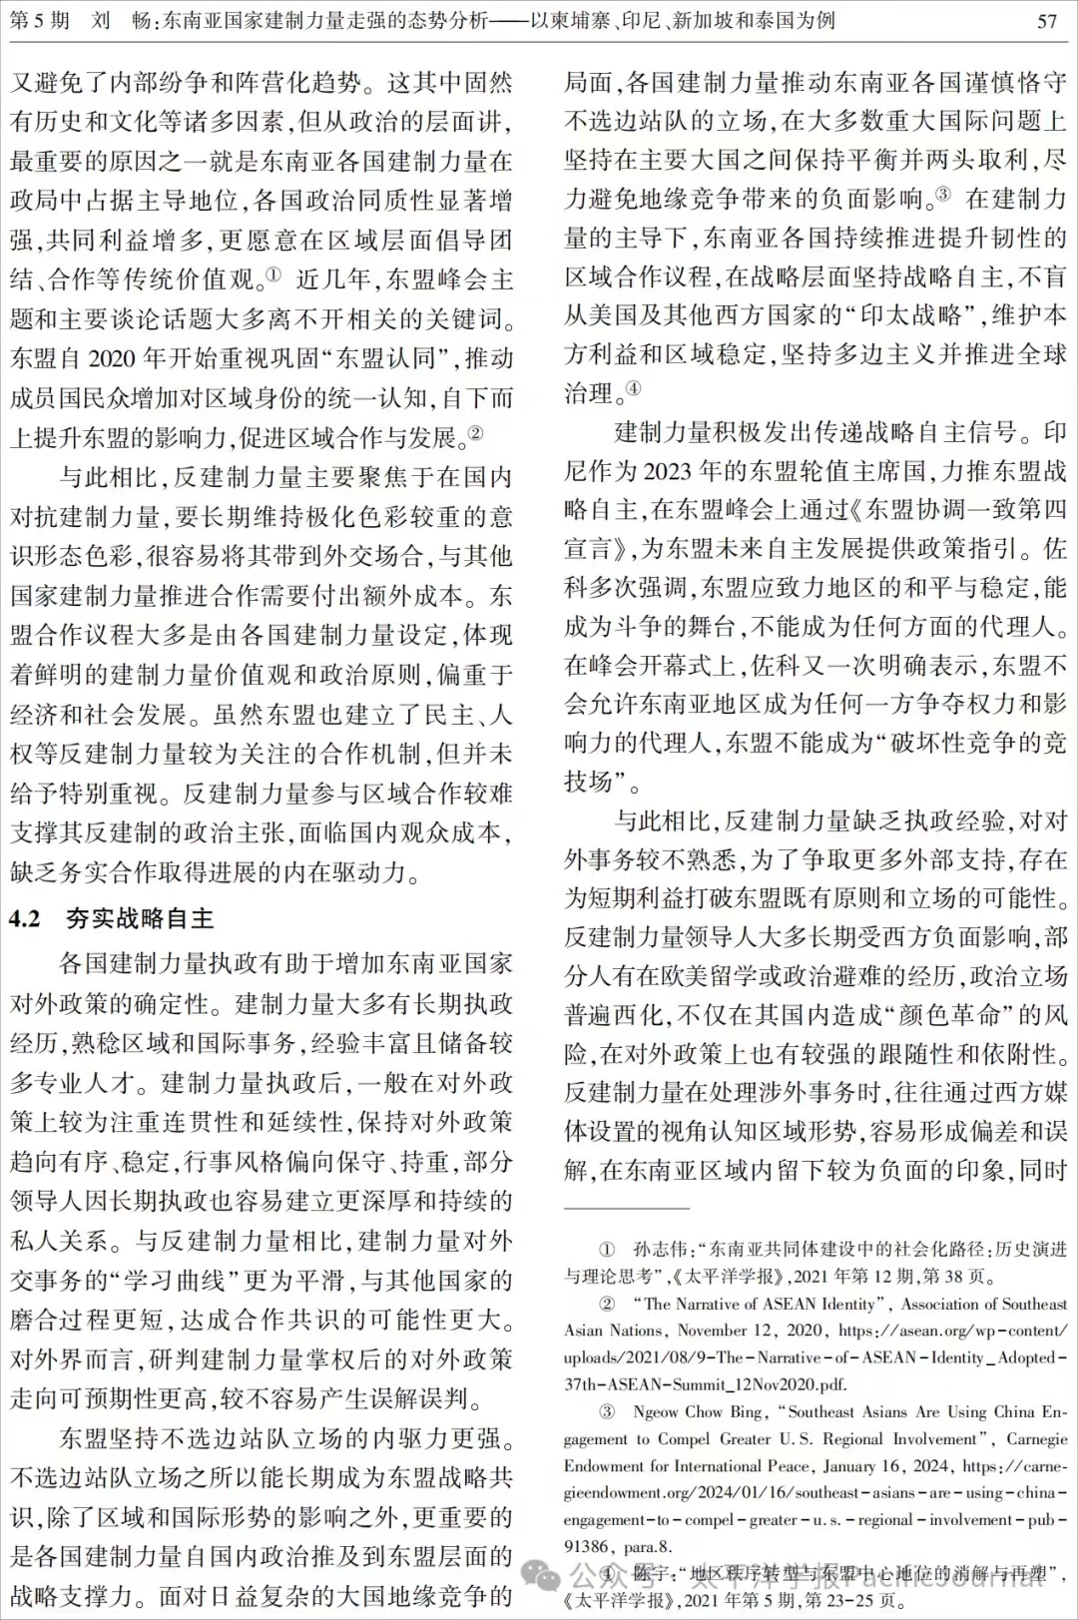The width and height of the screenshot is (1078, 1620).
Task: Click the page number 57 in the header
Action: [1047, 21]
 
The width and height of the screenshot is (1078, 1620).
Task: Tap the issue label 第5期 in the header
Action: [39, 20]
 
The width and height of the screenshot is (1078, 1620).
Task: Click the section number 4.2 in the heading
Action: [26, 918]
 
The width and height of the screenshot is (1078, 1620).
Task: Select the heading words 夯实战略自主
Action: [140, 918]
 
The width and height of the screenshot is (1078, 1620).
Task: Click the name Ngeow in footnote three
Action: [656, 1411]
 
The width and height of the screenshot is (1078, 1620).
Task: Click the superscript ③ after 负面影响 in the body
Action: [942, 194]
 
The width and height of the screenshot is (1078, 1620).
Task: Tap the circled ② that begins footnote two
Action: [606, 1303]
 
